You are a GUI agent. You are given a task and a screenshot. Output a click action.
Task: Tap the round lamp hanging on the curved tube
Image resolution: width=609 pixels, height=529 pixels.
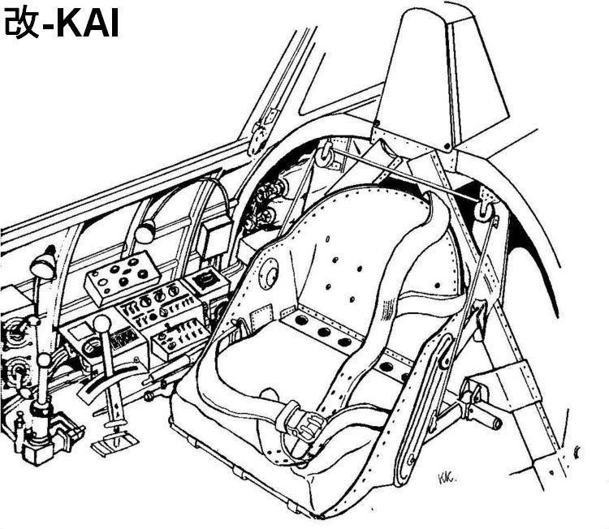point(145,234)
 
